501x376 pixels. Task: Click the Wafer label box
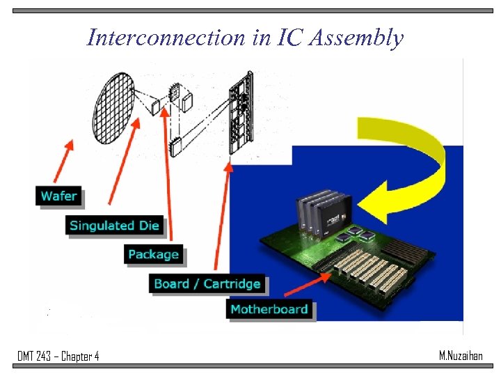click(x=59, y=196)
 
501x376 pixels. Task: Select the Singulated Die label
click(x=115, y=225)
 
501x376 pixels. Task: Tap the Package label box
click(x=154, y=255)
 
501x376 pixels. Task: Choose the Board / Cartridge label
click(x=207, y=283)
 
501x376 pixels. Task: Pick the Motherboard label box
click(x=269, y=309)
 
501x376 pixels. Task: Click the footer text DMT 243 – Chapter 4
click(x=58, y=357)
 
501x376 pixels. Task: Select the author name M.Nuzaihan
click(x=461, y=356)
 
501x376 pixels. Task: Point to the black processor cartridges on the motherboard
click(x=320, y=209)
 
